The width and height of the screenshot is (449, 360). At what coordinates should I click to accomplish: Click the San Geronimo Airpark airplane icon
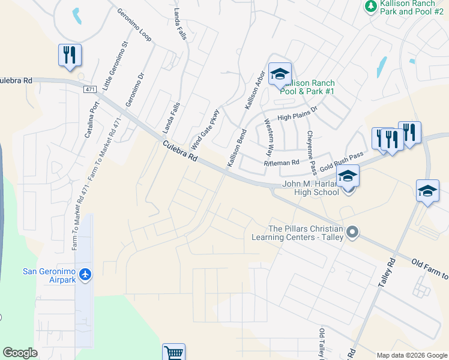pyautogui.click(x=85, y=274)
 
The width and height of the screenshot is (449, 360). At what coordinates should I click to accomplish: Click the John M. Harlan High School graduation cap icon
pyautogui.click(x=348, y=176)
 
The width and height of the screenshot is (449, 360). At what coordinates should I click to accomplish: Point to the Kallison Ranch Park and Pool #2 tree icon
pyautogui.click(x=370, y=5)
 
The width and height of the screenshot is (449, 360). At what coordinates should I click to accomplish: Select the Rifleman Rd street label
pyautogui.click(x=282, y=163)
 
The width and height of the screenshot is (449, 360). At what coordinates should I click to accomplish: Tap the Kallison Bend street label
pyautogui.click(x=237, y=148)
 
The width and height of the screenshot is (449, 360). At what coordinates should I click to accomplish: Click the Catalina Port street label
pyautogui.click(x=91, y=118)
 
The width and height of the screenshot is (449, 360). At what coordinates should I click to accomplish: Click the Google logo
pyautogui.click(x=20, y=353)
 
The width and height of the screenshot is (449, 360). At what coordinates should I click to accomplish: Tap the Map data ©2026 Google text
pyautogui.click(x=411, y=355)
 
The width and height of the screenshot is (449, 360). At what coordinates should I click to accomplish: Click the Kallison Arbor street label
pyautogui.click(x=255, y=90)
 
